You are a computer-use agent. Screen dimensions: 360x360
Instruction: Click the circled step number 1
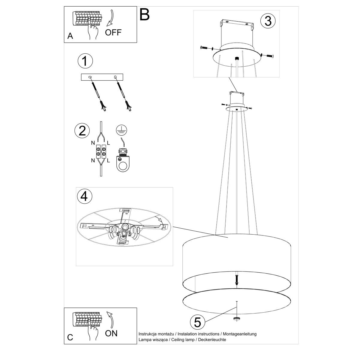(85, 61)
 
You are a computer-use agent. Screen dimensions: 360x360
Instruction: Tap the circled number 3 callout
(268, 21)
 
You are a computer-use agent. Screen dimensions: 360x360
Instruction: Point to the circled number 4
(84, 196)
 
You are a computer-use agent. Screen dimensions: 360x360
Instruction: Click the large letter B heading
(145, 14)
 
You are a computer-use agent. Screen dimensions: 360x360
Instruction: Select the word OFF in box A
(113, 32)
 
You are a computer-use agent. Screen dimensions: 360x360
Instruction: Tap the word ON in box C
(111, 333)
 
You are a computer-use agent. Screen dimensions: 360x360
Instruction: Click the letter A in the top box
(70, 36)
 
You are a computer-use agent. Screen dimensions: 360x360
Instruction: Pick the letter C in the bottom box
(70, 337)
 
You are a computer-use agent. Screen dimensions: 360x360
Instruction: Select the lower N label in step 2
(93, 160)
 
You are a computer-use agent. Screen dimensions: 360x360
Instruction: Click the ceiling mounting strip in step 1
(102, 77)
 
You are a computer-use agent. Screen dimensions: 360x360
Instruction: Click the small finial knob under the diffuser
(237, 318)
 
